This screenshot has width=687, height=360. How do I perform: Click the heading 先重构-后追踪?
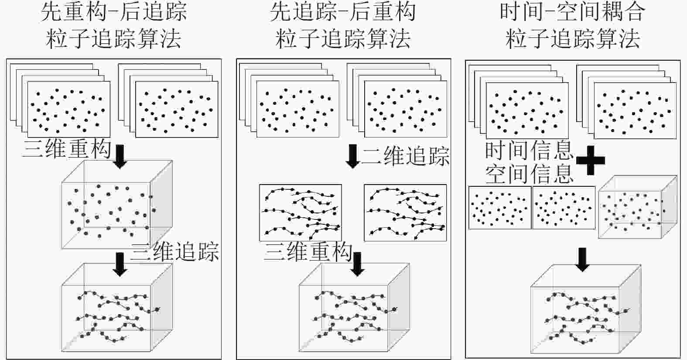[114, 12]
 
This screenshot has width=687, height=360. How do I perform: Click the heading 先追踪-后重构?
[343, 12]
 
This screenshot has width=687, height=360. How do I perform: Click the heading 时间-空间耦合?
[572, 12]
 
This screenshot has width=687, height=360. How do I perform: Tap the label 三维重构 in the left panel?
[67, 149]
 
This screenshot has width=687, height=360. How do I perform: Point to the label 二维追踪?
[405, 155]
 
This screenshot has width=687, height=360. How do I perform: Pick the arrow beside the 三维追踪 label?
[120, 264]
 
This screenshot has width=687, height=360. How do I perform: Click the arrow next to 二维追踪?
[352, 156]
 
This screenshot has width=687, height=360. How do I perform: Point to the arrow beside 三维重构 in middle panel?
[358, 264]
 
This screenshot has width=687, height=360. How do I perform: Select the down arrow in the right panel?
[582, 259]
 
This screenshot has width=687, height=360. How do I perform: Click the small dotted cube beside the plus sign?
[637, 207]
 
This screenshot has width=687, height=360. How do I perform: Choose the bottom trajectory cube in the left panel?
[117, 307]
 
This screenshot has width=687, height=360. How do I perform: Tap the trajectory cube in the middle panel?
[354, 307]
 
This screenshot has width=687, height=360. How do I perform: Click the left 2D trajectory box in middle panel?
[300, 213]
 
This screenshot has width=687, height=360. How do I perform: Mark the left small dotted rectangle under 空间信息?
[500, 208]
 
